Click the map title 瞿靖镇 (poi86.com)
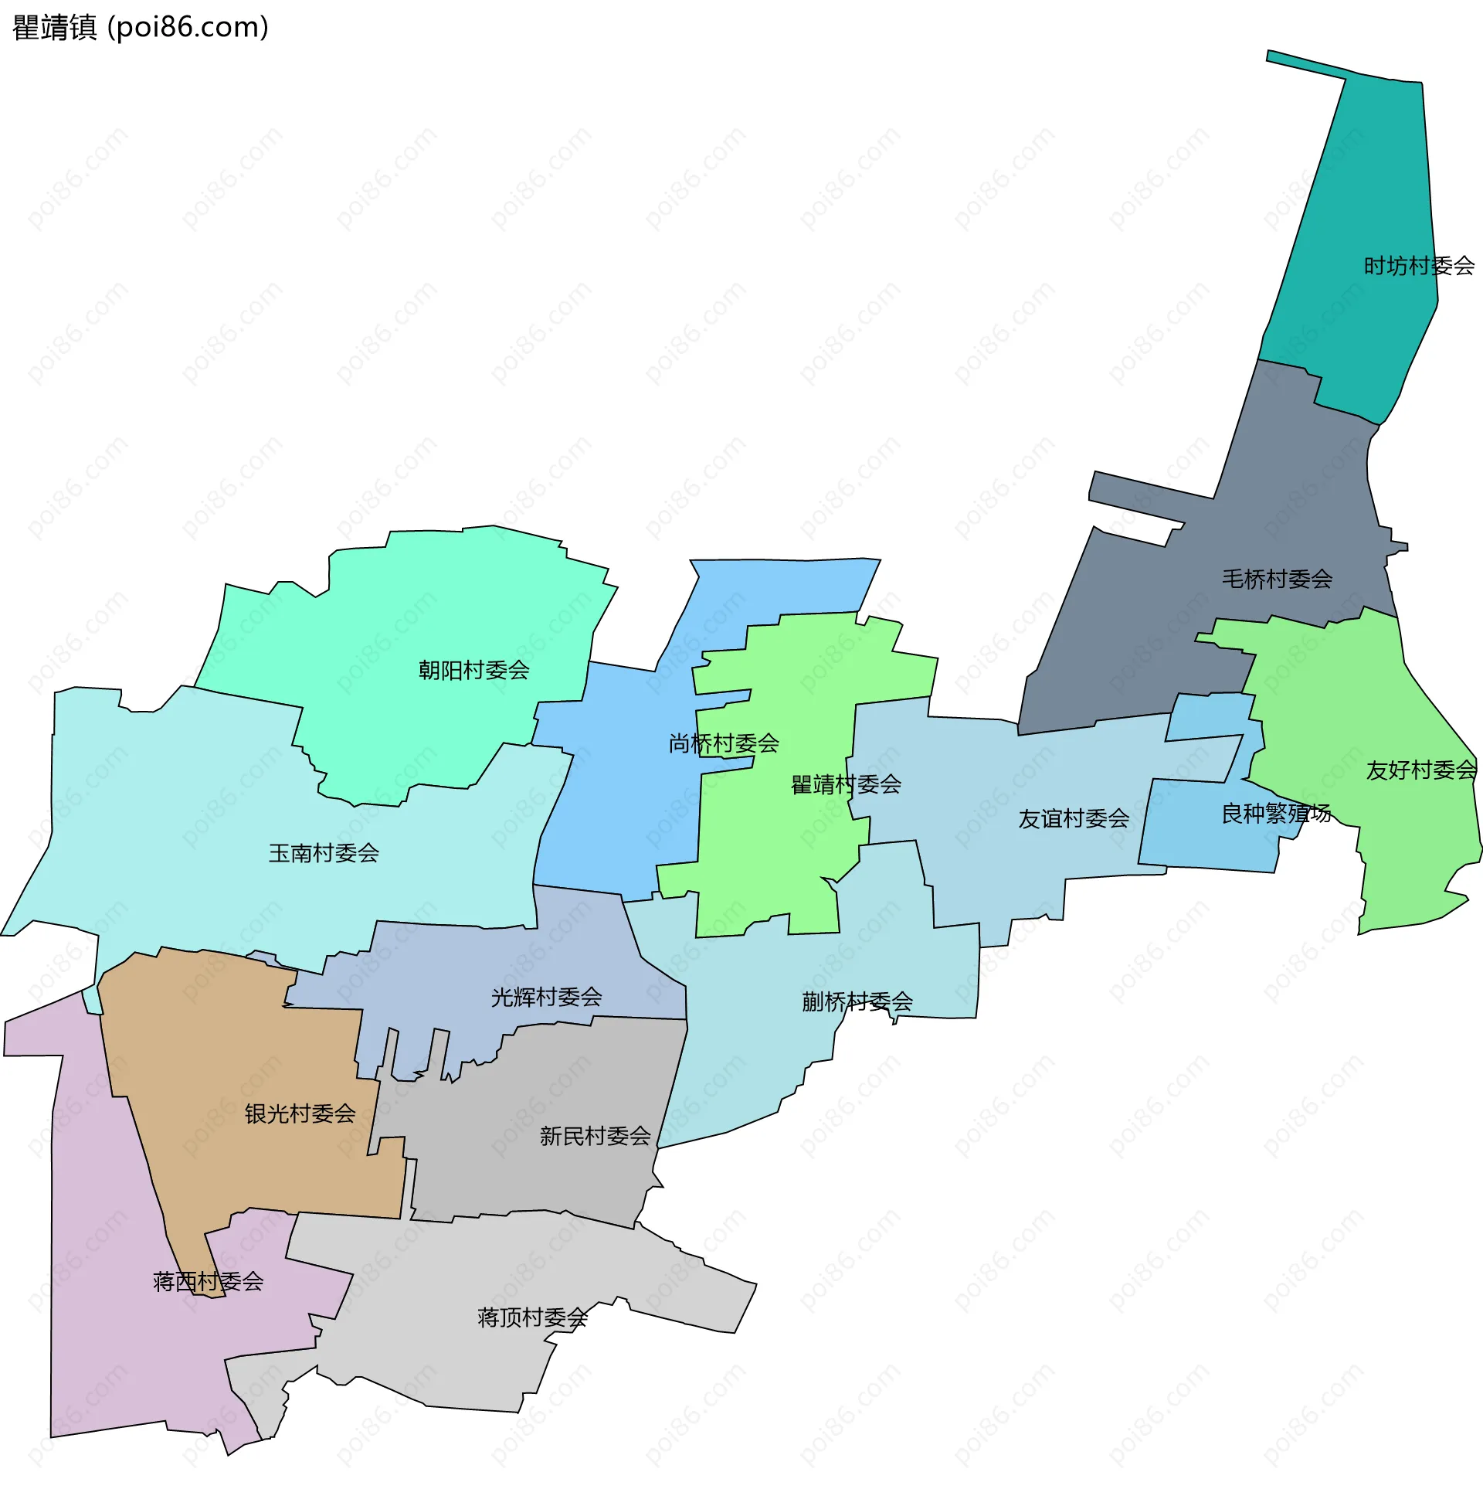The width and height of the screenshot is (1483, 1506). point(141,28)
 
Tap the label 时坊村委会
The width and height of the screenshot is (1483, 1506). point(1418,267)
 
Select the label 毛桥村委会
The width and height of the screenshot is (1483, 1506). point(1277,579)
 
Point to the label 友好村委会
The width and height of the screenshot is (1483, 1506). point(1420,770)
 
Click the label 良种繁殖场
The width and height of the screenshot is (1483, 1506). point(1276,814)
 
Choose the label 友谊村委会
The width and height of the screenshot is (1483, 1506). point(1074,819)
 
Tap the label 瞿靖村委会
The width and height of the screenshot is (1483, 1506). point(846,784)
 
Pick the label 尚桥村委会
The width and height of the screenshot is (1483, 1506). point(724,743)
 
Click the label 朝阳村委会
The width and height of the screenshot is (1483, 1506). point(473,670)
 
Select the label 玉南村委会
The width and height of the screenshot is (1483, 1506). point(323,853)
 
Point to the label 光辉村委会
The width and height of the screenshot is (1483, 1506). point(546,998)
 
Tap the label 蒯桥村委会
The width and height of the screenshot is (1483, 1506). point(857,1002)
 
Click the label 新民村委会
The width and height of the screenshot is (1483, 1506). point(595,1137)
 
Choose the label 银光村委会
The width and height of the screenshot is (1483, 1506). point(300,1114)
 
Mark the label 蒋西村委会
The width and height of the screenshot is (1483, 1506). point(208,1282)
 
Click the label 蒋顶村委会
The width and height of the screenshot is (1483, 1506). point(532,1317)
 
